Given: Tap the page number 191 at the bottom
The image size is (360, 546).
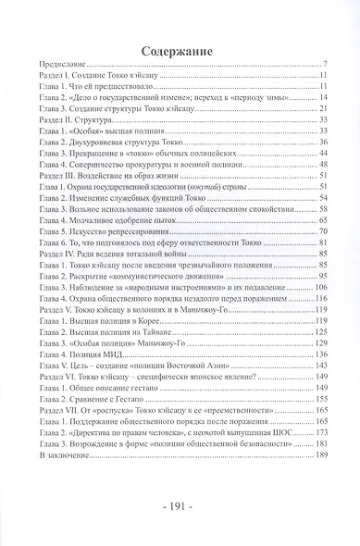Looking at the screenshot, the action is (x=180, y=508).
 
